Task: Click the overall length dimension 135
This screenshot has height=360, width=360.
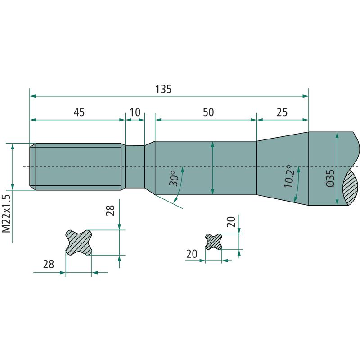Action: tap(163, 89)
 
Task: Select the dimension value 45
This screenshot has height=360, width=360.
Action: tap(79, 112)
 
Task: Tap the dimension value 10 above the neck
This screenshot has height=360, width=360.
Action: tap(135, 112)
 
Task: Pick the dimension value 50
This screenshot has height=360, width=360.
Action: tap(208, 112)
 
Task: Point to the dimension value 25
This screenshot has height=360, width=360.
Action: tap(282, 112)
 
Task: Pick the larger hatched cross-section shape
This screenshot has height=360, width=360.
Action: tap(79, 242)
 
